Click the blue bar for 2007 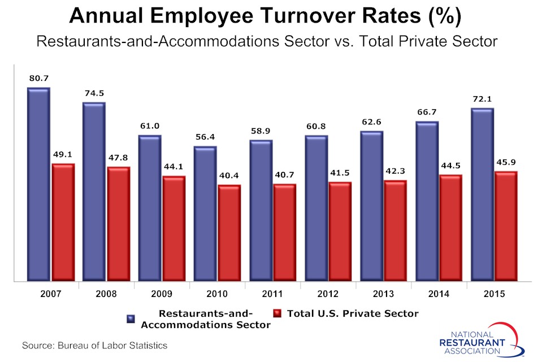(x=38, y=184)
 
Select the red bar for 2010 (x=229, y=232)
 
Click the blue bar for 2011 (x=261, y=210)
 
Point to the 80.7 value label (x=38, y=79)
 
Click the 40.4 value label (x=229, y=176)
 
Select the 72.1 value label (x=482, y=99)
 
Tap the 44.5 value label (x=450, y=166)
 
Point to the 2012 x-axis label (x=328, y=294)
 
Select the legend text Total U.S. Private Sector (x=353, y=313)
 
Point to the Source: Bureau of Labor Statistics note (x=94, y=345)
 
